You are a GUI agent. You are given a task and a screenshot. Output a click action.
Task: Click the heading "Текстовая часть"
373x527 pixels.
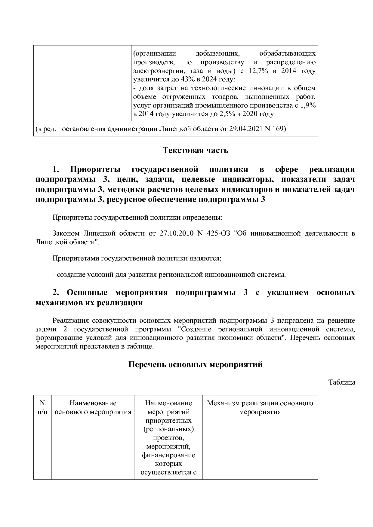[195, 150]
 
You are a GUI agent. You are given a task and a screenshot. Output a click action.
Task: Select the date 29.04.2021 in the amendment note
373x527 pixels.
[245, 129]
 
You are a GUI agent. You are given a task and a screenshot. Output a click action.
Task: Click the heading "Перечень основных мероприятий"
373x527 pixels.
[195, 364]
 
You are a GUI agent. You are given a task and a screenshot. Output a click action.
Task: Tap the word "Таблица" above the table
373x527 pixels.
[342, 382]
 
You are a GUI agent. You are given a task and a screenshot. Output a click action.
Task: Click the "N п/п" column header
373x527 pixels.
[42, 407]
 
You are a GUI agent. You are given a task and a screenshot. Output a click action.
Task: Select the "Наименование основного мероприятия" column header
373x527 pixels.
[93, 407]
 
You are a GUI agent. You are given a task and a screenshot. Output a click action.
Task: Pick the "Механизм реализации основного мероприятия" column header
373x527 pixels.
[260, 407]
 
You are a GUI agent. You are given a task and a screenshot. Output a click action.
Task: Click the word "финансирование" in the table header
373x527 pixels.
[168, 455]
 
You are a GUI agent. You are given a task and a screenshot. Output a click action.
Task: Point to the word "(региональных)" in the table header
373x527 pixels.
[168, 429]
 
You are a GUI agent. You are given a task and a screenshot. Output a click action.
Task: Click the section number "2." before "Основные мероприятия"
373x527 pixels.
[56, 293]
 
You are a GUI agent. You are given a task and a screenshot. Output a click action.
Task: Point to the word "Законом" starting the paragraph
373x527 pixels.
[66, 233]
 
